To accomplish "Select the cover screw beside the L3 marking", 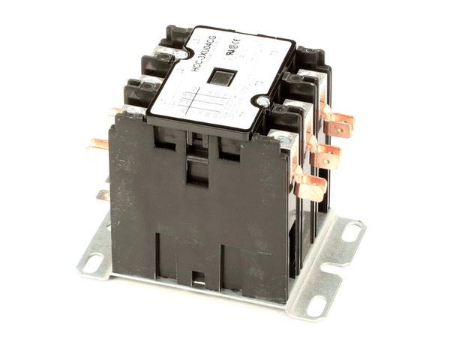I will [x=182, y=55].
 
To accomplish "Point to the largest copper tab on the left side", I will [x=97, y=154].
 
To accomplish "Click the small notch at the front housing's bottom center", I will [x=198, y=279].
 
